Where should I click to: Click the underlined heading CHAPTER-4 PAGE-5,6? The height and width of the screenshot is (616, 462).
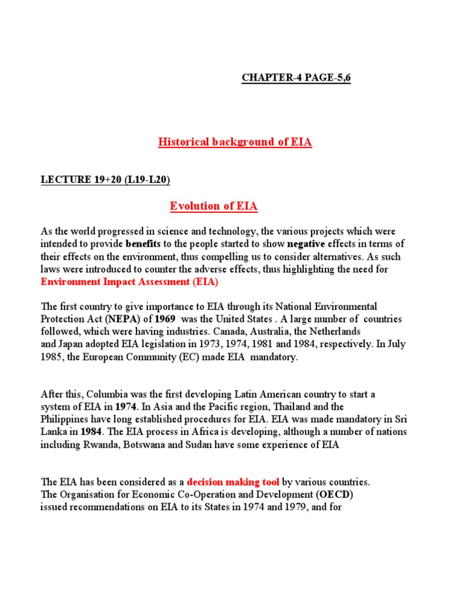point(296,79)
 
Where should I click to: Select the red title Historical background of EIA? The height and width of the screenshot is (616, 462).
point(235,143)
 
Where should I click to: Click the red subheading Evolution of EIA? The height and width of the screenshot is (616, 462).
point(214,206)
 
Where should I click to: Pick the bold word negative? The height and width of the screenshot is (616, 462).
point(306,244)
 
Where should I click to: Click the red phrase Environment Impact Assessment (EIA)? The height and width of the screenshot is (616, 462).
point(129,282)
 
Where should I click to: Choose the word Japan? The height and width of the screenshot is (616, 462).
point(72,344)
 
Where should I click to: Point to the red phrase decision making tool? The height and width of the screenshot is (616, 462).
point(233,482)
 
